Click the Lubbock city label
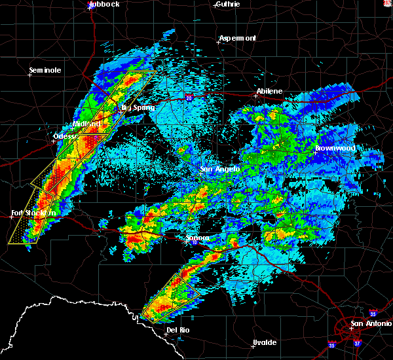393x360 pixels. point(104,4)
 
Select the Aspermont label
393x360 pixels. point(237,38)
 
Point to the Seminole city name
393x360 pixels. point(45,70)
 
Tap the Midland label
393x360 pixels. point(87,124)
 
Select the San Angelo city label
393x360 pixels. point(221,170)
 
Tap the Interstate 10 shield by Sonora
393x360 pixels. point(195,243)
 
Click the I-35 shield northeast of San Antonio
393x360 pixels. point(373,312)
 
